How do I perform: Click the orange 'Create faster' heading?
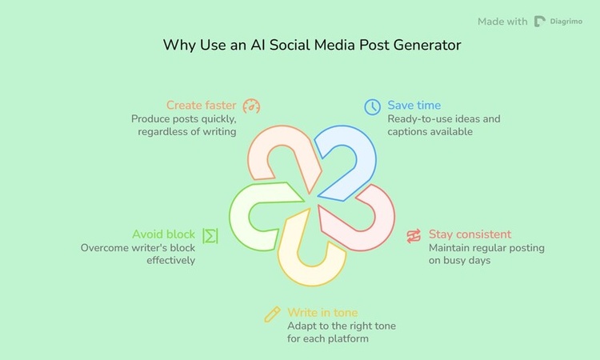point(201,106)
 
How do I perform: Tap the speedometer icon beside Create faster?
point(252,106)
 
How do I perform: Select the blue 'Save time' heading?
point(414,106)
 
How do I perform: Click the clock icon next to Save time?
point(373,106)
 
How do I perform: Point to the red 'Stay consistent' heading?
point(470,234)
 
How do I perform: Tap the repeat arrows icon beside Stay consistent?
point(414,235)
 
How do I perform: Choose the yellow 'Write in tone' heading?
point(322,313)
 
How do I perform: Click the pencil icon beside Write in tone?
point(272,314)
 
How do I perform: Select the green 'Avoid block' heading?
point(163,234)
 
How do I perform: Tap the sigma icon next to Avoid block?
point(210,235)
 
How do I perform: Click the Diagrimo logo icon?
point(541,22)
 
